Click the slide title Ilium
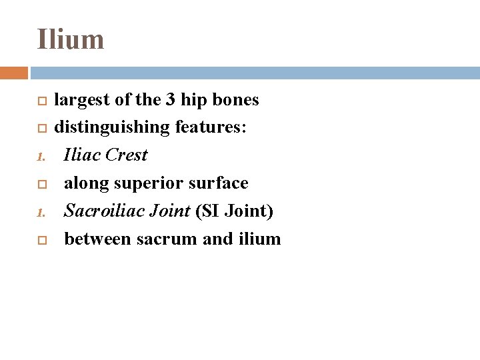click(x=71, y=39)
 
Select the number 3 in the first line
click(x=170, y=100)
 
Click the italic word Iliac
click(x=81, y=155)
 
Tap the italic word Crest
click(x=126, y=155)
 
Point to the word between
click(x=98, y=239)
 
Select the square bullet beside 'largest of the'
click(x=41, y=101)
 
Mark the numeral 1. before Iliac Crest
click(x=41, y=157)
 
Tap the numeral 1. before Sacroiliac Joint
click(x=41, y=213)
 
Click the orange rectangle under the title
click(x=14, y=72)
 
